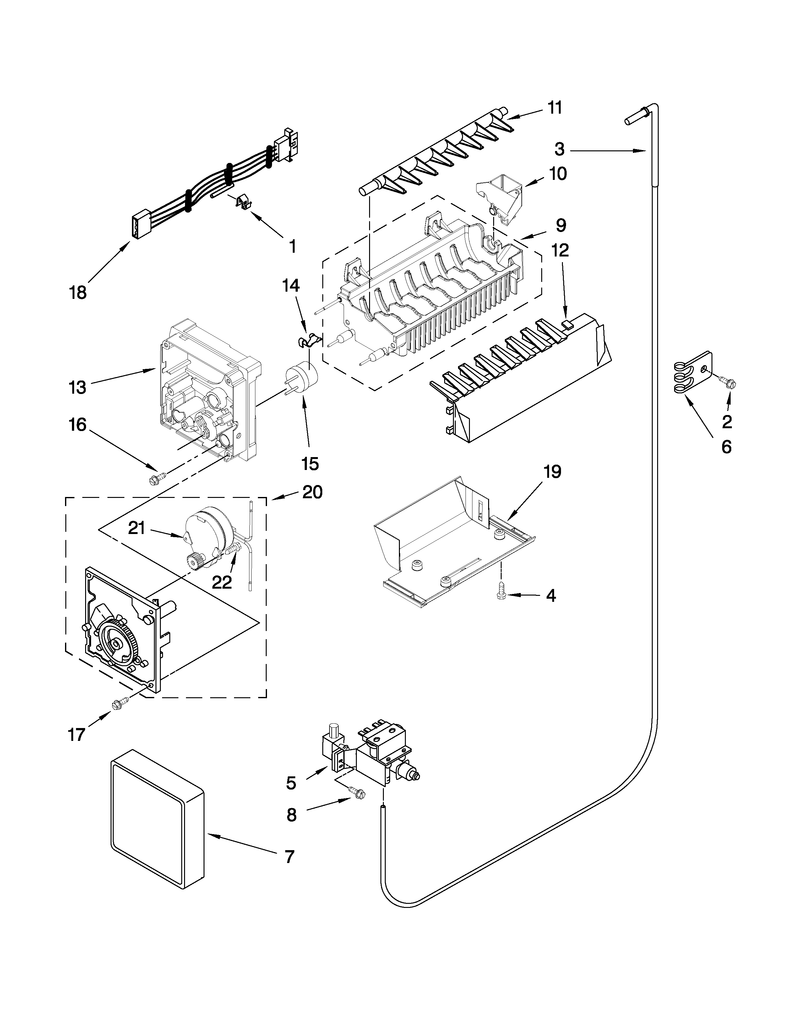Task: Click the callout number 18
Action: coord(78,293)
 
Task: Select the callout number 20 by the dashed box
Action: coord(312,492)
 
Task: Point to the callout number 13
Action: coord(77,387)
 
